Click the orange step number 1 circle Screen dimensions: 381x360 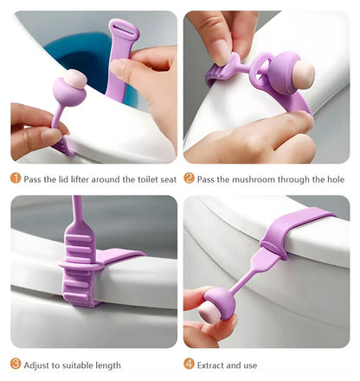[16, 179]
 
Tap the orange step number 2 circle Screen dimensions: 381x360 [189, 179]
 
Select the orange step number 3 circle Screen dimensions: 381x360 [16, 364]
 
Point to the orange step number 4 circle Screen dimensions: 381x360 [189, 364]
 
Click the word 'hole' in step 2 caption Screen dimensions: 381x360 [333, 179]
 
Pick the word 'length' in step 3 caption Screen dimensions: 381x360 [105, 365]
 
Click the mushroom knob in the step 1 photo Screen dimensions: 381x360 [69, 88]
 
